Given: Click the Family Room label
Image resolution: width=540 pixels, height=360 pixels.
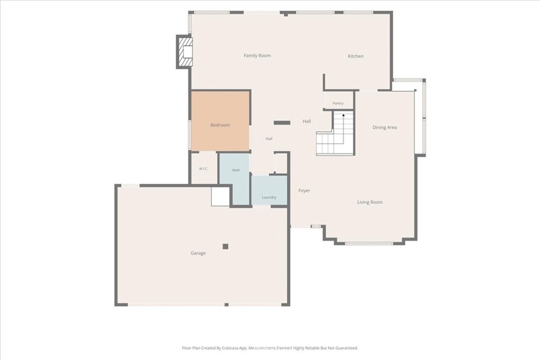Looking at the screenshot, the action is pyautogui.click(x=257, y=55).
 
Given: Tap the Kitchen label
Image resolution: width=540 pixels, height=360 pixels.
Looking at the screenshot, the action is pyautogui.click(x=355, y=56).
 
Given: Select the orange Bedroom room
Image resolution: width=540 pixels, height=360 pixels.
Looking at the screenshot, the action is pyautogui.click(x=220, y=121).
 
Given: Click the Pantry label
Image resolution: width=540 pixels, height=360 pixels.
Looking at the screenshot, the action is pyautogui.click(x=338, y=103).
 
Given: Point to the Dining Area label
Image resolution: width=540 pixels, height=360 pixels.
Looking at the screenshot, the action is pyautogui.click(x=384, y=128).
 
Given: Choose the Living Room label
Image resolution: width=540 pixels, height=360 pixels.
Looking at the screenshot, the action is pyautogui.click(x=370, y=202).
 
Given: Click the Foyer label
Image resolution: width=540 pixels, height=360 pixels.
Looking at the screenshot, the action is pyautogui.click(x=304, y=190).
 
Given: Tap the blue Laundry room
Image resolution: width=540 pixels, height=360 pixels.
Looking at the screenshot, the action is pyautogui.click(x=269, y=190).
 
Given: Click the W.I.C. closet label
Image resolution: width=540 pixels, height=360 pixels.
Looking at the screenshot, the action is pyautogui.click(x=203, y=169).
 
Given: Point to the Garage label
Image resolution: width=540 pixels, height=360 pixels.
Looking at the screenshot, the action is pyautogui.click(x=198, y=253).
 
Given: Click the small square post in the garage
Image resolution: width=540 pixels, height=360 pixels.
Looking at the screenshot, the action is pyautogui.click(x=225, y=246).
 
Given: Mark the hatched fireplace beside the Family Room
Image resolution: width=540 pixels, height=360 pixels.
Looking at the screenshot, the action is pyautogui.click(x=185, y=52).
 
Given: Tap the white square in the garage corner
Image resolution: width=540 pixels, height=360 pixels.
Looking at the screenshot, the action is pyautogui.click(x=220, y=197).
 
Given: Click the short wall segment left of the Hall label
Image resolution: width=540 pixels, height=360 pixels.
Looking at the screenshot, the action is pyautogui.click(x=282, y=122).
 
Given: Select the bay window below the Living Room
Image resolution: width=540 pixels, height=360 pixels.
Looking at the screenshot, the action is pyautogui.click(x=369, y=244).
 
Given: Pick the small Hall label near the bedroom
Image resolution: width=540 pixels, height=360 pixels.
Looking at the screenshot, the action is pyautogui.click(x=269, y=139).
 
